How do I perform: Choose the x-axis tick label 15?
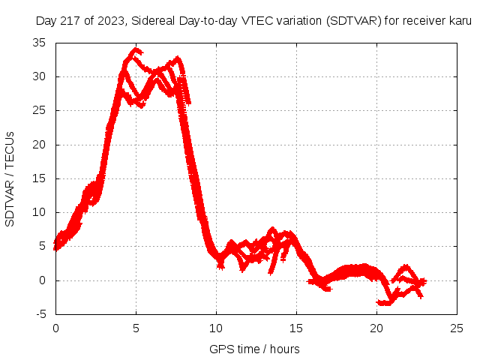(x=296, y=328)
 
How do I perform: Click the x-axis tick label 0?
(x=55, y=328)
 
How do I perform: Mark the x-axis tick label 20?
(x=377, y=328)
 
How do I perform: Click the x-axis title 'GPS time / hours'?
(x=255, y=349)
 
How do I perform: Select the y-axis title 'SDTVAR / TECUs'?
(x=10, y=178)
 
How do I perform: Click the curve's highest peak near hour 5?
(x=136, y=50)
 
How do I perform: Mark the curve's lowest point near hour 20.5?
(x=385, y=303)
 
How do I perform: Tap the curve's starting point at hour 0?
(x=55, y=247)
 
